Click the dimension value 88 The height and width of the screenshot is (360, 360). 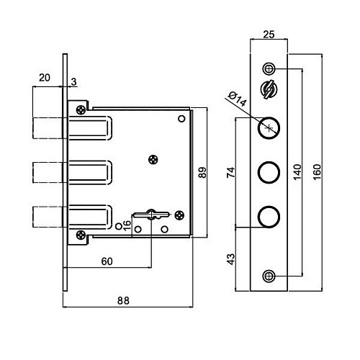[123, 300]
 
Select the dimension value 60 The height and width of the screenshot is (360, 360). [107, 261]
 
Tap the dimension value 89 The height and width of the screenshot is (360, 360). [202, 172]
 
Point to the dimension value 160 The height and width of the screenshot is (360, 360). [317, 172]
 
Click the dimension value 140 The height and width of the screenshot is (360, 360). [297, 172]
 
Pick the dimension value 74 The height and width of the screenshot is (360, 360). [231, 172]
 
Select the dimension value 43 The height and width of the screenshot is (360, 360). [231, 259]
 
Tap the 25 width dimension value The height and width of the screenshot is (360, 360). [269, 35]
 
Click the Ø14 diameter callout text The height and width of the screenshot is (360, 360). [238, 99]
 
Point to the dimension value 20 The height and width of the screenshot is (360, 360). [45, 78]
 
